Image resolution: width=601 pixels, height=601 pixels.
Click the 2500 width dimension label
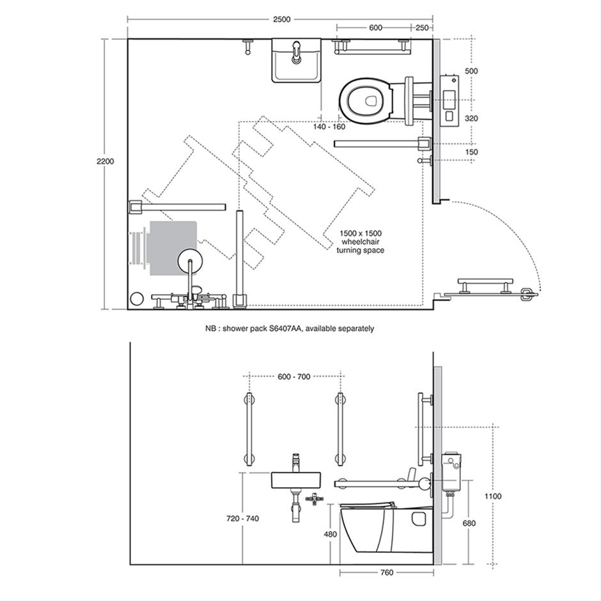click(x=282, y=19)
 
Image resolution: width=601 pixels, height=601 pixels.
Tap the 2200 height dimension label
click(x=105, y=161)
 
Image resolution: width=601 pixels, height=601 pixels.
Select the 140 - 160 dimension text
click(x=329, y=127)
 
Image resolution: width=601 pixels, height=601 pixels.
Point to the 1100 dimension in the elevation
click(x=493, y=496)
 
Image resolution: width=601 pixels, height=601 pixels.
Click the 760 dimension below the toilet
click(x=387, y=572)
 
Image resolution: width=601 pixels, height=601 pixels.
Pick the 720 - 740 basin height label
click(x=242, y=519)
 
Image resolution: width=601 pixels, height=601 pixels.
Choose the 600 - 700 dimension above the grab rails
click(x=294, y=377)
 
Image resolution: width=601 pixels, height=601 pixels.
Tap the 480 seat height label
click(x=331, y=534)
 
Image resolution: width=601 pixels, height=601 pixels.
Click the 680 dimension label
click(x=469, y=523)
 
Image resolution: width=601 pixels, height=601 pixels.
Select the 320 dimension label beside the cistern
click(x=471, y=118)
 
